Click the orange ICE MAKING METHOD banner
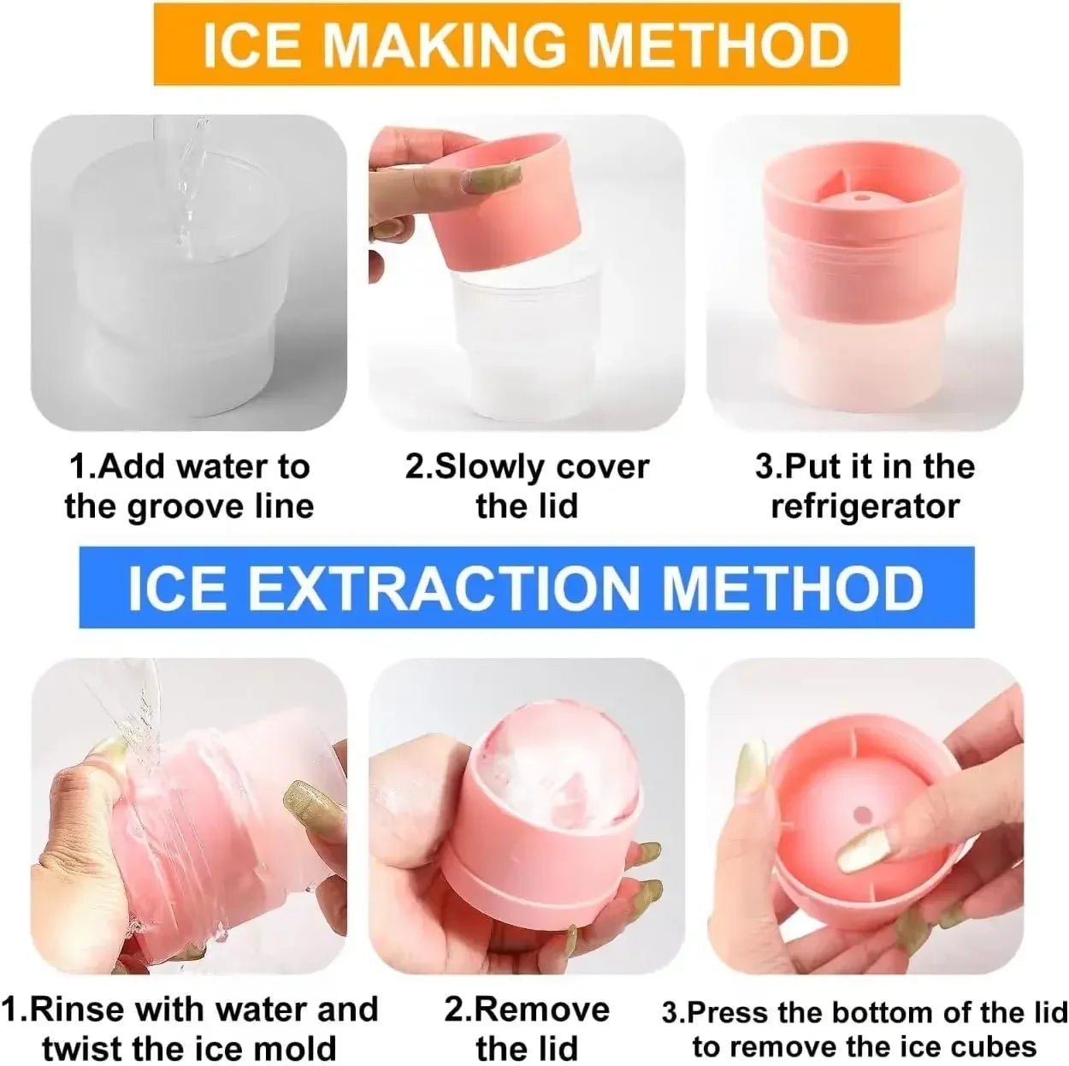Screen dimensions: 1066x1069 pos(526,44)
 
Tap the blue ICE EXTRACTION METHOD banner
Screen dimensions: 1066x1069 pos(526,588)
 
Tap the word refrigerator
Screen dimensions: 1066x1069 pos(865,506)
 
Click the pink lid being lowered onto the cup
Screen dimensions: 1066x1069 pos(505,201)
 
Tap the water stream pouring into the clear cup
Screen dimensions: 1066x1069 pos(188,197)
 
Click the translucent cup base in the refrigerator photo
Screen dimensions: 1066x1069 pos(864,372)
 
